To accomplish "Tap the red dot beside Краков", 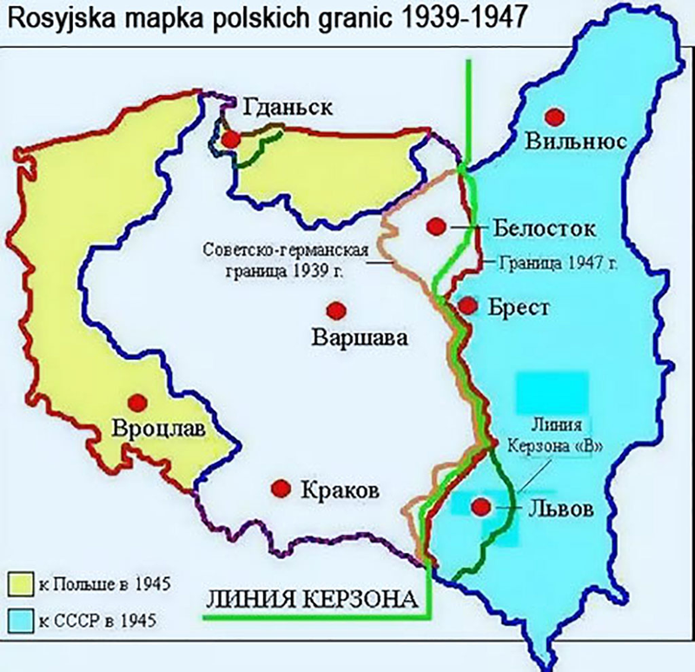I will click(x=281, y=489).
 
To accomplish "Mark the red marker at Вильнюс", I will click(x=553, y=116).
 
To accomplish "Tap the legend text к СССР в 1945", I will click(x=91, y=621).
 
